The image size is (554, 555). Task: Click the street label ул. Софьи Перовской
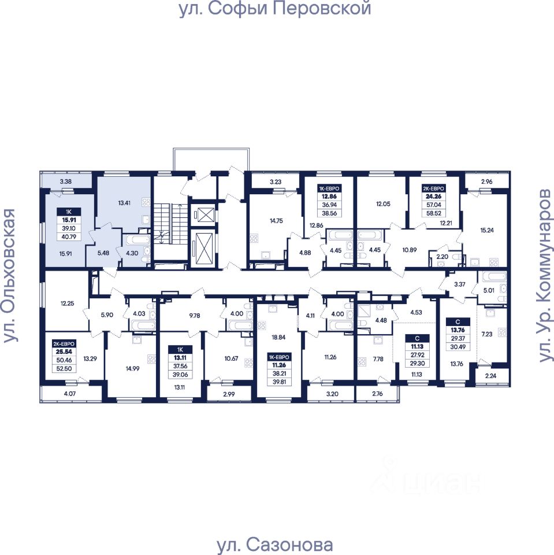point(274,9)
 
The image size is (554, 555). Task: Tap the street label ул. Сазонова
point(274,545)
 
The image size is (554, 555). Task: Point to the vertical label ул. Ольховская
point(9,276)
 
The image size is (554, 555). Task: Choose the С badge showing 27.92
point(415,350)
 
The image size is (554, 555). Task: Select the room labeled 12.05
point(384,203)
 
